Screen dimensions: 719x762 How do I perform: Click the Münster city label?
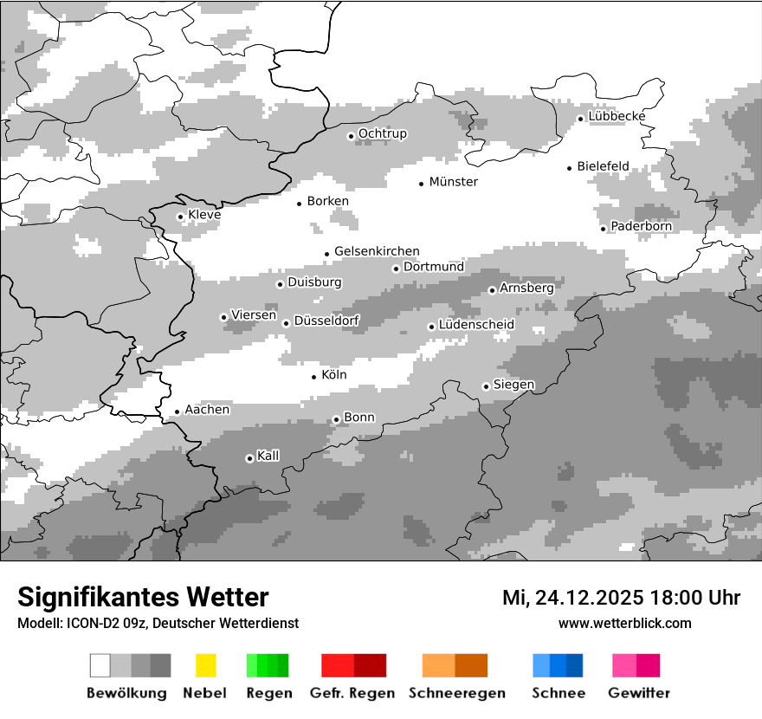pyautogui.click(x=454, y=182)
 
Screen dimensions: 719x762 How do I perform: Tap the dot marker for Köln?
pyautogui.click(x=314, y=377)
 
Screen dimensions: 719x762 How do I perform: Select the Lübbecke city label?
pyautogui.click(x=617, y=116)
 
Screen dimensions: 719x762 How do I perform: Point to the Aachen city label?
pyautogui.click(x=207, y=410)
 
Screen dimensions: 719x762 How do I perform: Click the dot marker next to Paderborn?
pyautogui.click(x=604, y=228)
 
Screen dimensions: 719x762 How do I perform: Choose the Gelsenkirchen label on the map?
pyautogui.click(x=377, y=251)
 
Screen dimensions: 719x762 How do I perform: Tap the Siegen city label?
pyautogui.click(x=513, y=385)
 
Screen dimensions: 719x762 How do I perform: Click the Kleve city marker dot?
pyautogui.click(x=180, y=217)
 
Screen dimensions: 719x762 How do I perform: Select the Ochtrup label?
pyautogui.click(x=382, y=133)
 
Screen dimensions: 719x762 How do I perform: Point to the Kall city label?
pyautogui.click(x=268, y=456)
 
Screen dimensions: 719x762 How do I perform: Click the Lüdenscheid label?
pyautogui.click(x=476, y=325)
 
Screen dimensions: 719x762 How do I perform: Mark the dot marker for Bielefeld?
pyautogui.click(x=570, y=168)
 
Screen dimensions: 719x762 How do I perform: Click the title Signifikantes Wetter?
pyautogui.click(x=143, y=597)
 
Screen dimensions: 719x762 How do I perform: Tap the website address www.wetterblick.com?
pyautogui.click(x=624, y=623)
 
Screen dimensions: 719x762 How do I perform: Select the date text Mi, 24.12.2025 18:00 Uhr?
pyautogui.click(x=621, y=598)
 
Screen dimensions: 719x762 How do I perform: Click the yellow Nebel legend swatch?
pyautogui.click(x=205, y=665)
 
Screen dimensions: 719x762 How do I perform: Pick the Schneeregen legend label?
pyautogui.click(x=457, y=693)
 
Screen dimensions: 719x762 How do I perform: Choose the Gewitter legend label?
pyautogui.click(x=638, y=693)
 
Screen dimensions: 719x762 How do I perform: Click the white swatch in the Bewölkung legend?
pyautogui.click(x=100, y=665)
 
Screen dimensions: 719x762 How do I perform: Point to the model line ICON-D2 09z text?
pyautogui.click(x=158, y=623)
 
